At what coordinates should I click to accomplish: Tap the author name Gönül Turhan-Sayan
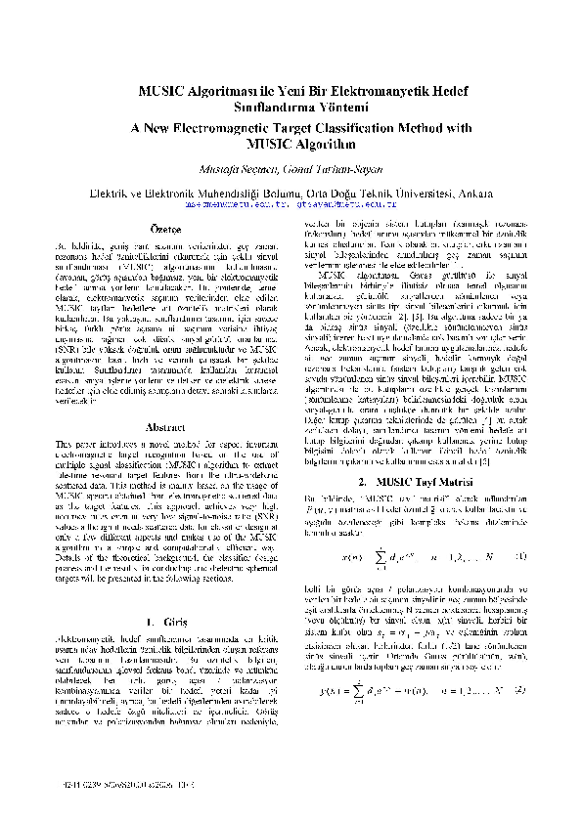[x=333, y=169]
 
